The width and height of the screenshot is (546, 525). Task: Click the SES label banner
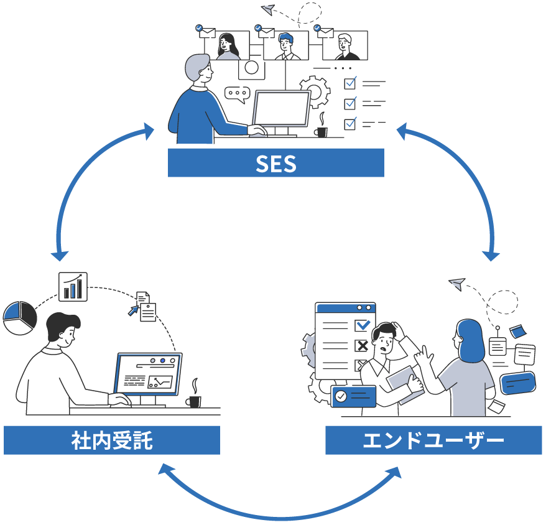coord(275,163)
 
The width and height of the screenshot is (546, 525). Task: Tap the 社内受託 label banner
coord(112,440)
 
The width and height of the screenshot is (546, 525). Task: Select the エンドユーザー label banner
coord(433,440)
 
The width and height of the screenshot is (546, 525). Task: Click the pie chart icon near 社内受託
coord(20,318)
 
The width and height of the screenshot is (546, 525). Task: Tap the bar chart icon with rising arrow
coord(73,286)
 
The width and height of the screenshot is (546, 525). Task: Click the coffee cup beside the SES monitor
coord(321,131)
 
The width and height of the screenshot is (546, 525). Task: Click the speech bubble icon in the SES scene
coord(234,94)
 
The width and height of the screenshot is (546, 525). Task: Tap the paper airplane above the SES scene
coord(268,9)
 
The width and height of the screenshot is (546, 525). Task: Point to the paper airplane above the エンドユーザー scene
coord(457,284)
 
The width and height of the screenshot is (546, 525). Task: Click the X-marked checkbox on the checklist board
coord(361,345)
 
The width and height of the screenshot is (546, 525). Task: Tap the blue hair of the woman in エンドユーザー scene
coord(471,339)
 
